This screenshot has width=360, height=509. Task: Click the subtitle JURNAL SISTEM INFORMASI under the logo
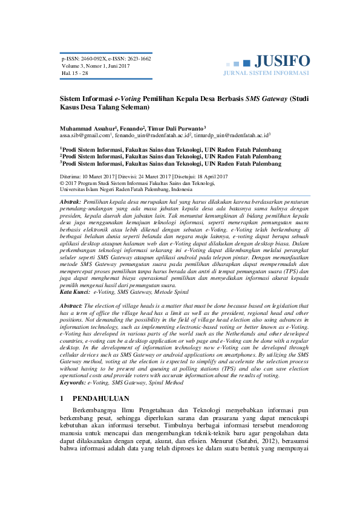coord(266,73)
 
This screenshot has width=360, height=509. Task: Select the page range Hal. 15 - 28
coord(75,73)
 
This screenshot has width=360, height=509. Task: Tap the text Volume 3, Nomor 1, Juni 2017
coord(96,66)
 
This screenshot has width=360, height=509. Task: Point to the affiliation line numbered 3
coord(171,163)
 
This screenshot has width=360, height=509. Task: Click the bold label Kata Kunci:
coord(73,292)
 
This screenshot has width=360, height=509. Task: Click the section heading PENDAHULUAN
coord(101,399)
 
